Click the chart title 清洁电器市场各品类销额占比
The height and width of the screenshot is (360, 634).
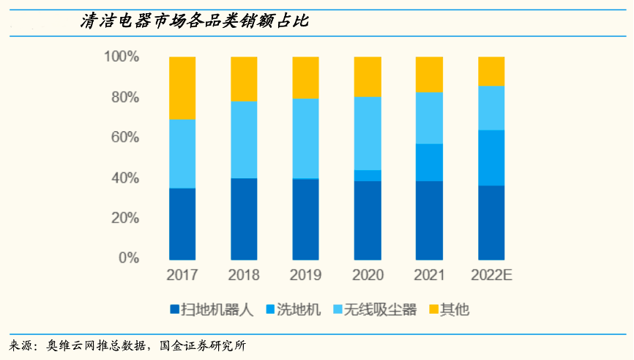194,22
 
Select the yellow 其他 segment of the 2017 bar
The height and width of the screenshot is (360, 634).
182,88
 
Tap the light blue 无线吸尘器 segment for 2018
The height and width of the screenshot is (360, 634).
244,139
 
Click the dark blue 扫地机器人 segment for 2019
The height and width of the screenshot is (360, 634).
305,219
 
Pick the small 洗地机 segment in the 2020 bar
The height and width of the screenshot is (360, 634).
367,175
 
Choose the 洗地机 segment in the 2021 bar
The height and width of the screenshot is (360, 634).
429,162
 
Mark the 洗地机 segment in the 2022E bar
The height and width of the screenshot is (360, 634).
491,158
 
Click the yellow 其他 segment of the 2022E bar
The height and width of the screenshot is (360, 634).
491,71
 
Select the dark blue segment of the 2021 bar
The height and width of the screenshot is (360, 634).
429,220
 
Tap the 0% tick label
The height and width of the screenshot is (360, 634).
128,258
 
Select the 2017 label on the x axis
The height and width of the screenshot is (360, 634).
182,276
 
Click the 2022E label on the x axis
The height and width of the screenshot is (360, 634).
491,276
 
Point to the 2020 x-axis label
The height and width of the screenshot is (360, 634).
367,276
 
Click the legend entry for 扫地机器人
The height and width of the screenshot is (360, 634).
212,309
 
